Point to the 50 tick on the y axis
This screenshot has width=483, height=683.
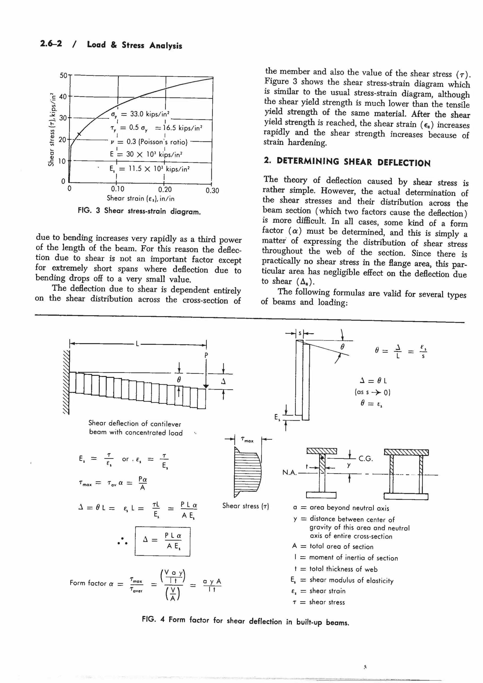pos(64,75)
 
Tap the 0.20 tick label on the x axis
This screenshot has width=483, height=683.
pos(165,190)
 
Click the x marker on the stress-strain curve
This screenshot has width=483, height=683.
pos(79,134)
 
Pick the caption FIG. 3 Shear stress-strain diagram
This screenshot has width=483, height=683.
pos(139,211)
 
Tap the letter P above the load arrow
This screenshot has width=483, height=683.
pos(206,355)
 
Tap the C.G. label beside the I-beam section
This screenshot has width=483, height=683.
pos(366,458)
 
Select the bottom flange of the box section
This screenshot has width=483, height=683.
pos(406,496)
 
